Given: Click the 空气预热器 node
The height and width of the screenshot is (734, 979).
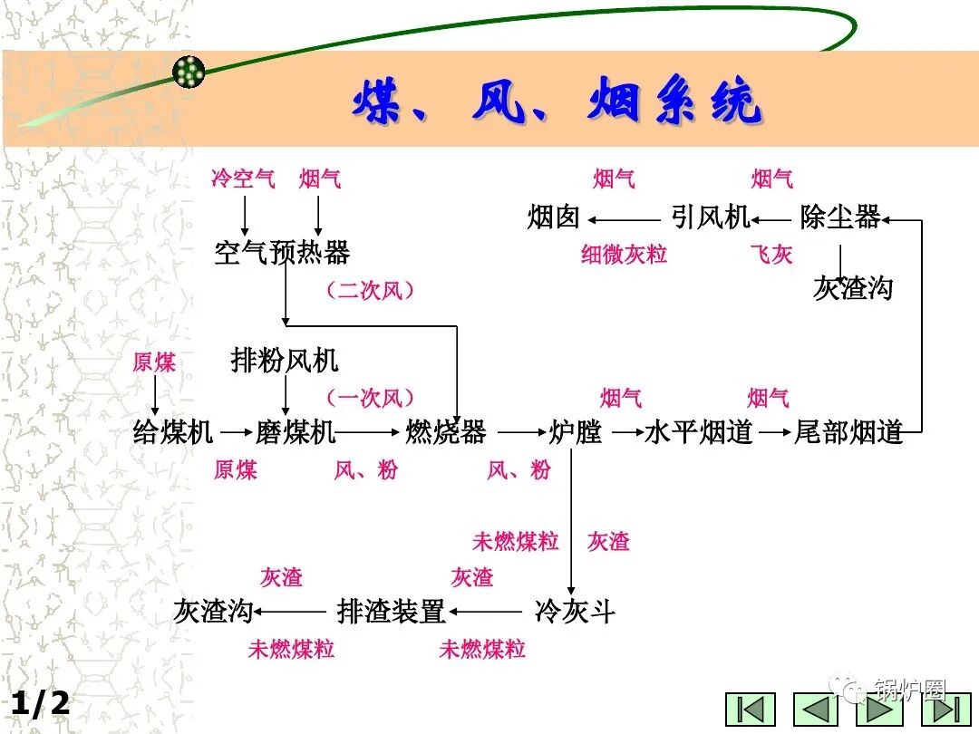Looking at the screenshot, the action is [x=282, y=252].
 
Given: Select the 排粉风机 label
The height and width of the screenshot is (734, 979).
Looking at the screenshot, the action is [x=285, y=361].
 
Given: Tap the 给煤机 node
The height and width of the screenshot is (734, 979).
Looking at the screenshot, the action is [x=173, y=432].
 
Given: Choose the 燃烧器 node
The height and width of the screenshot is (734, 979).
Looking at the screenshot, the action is [x=445, y=432].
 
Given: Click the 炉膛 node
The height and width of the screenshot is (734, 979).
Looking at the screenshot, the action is [x=576, y=432].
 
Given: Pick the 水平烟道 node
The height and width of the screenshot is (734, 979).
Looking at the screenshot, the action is [x=699, y=432].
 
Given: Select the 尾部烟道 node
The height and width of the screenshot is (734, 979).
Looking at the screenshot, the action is [x=848, y=432].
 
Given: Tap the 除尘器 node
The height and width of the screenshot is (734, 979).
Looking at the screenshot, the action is [x=840, y=217].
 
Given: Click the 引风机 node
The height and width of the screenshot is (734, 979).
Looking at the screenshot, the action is [x=711, y=217].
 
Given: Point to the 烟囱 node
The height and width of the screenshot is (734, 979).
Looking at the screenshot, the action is [x=553, y=217].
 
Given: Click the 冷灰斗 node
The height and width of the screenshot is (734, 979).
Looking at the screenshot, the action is [x=575, y=612].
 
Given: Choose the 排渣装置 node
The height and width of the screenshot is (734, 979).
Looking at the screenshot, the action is [x=392, y=612].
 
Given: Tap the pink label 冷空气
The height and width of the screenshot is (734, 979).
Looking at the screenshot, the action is [x=243, y=179].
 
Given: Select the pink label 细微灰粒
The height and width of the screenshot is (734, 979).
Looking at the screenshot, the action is [x=624, y=255].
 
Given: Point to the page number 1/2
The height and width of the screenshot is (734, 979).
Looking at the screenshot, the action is [x=40, y=703].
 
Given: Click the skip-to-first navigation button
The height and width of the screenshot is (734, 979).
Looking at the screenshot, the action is [x=751, y=709].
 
